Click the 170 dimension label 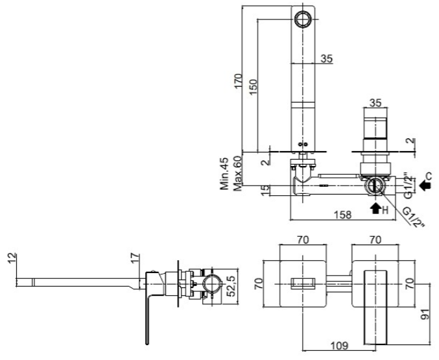point(238,81)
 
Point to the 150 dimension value point(253,86)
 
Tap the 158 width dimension point(342,215)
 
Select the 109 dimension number point(340,346)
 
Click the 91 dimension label point(425,315)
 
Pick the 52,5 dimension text point(232,286)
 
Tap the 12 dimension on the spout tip point(12,258)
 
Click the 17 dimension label point(135,258)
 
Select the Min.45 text point(224,174)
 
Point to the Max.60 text point(237,174)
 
